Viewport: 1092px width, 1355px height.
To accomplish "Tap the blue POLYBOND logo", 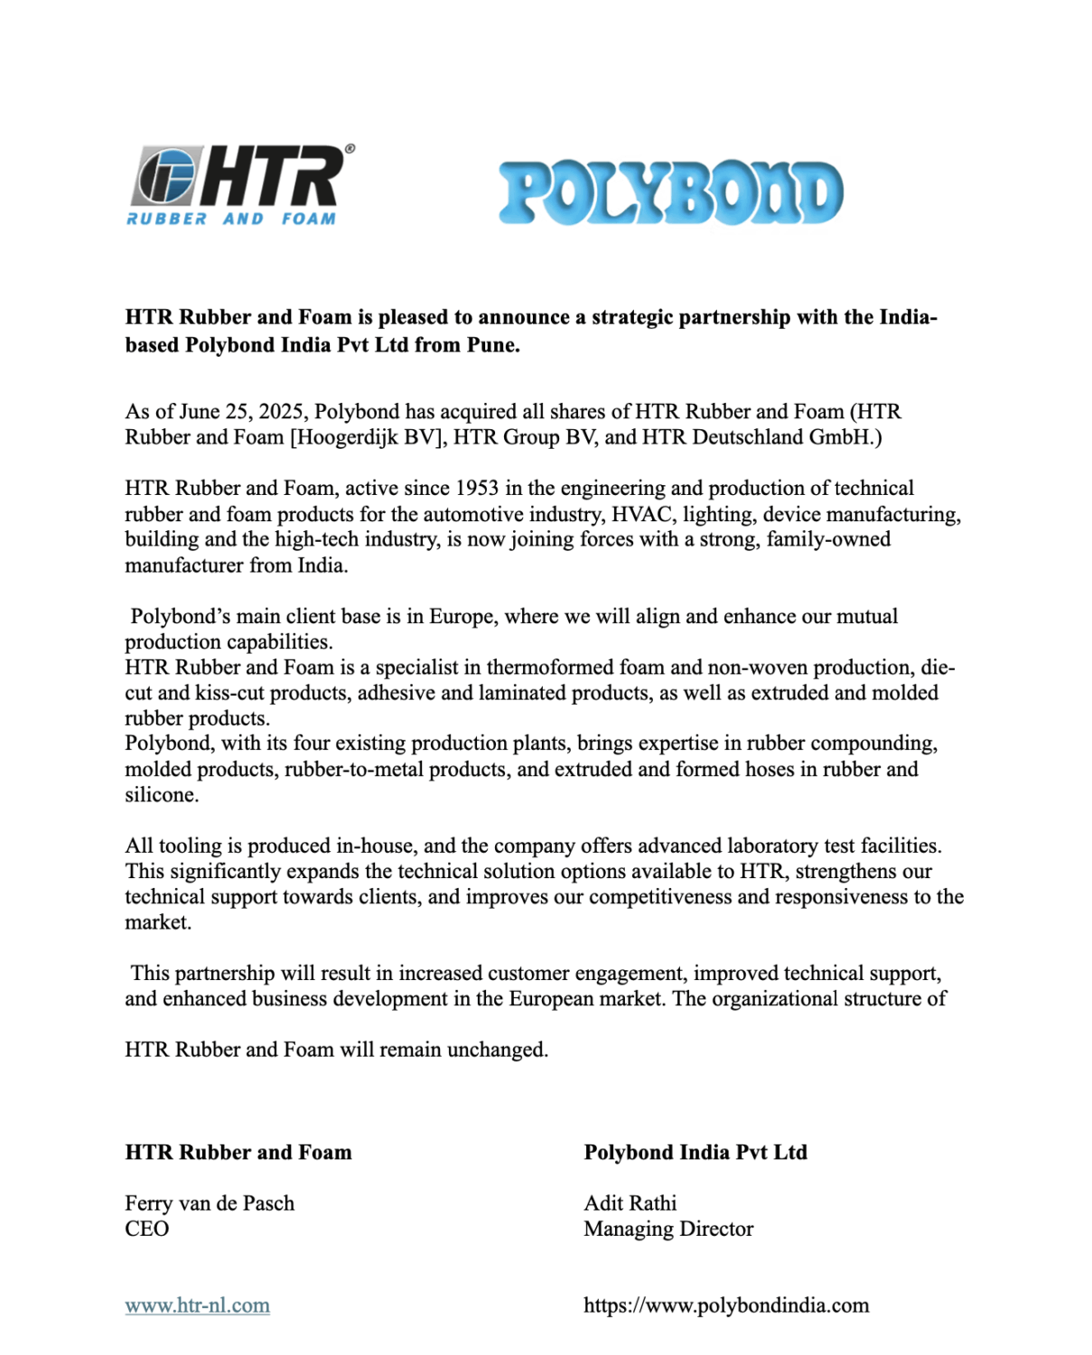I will click(x=671, y=192).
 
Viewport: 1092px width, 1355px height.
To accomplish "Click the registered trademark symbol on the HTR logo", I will click(x=350, y=149).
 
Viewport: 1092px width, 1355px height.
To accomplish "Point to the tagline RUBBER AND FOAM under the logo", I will click(x=231, y=219).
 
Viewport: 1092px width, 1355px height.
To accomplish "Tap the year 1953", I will click(x=476, y=489).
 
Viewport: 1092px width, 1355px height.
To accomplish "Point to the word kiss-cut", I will click(x=229, y=693).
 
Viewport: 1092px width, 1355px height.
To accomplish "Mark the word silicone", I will click(x=161, y=795).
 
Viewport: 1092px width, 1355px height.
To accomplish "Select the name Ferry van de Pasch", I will click(x=210, y=1203).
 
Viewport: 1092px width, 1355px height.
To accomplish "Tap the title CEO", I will click(x=146, y=1229).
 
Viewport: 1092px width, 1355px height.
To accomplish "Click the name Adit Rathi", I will click(x=630, y=1203).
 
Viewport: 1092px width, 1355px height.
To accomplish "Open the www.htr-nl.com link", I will click(x=197, y=1305).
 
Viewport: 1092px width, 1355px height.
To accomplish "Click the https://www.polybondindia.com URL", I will click(x=726, y=1305).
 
